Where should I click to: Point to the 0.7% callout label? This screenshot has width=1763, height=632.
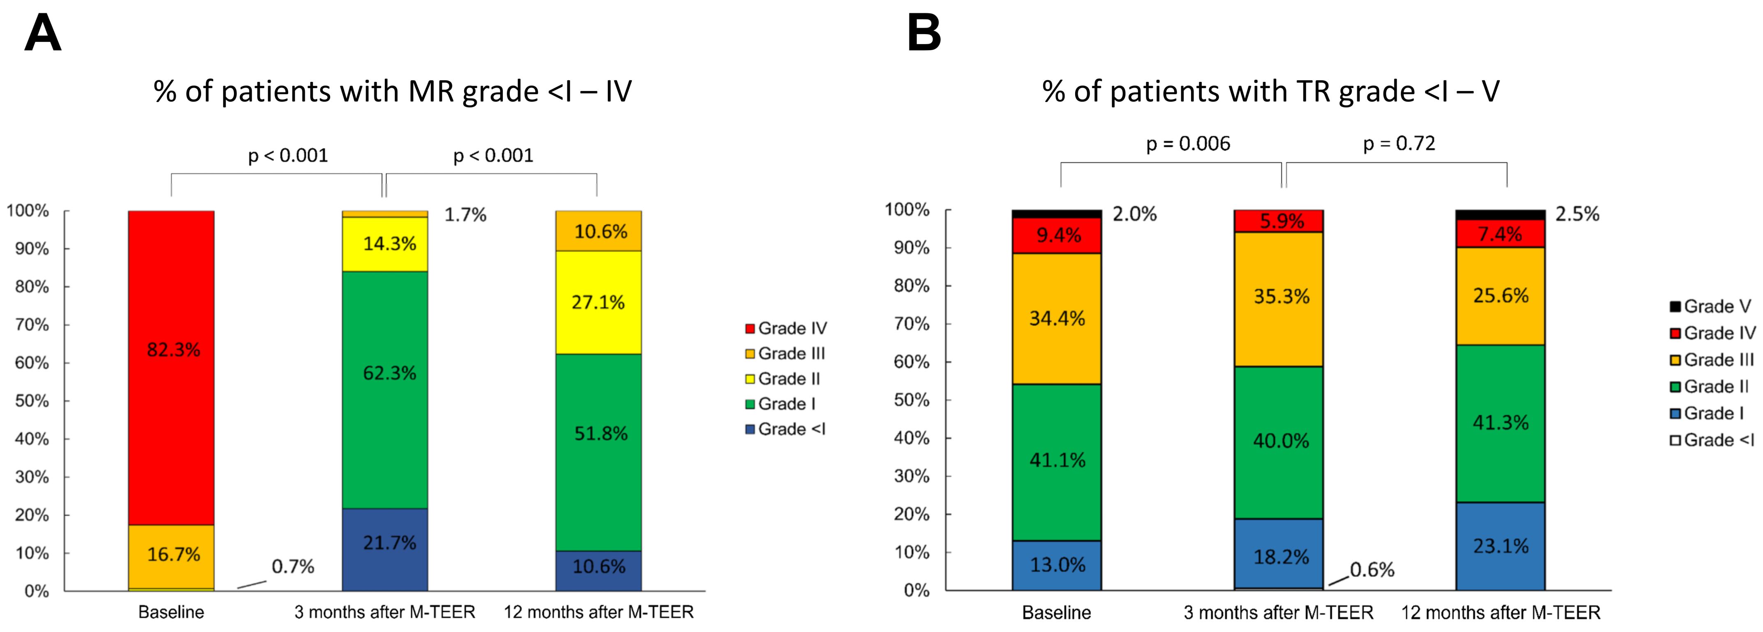292,566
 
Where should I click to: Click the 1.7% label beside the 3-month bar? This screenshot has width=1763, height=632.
465,215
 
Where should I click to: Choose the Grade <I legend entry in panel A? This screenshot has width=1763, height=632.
786,429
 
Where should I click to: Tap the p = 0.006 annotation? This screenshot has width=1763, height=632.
1188,144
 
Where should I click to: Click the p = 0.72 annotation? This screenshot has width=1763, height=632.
1399,143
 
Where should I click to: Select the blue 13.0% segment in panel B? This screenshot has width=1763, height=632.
1057,565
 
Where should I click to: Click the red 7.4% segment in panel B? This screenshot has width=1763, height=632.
1499,234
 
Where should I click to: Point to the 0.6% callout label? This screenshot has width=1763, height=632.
1372,570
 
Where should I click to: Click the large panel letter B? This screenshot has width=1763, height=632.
923,34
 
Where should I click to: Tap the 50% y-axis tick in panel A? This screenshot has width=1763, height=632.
32,401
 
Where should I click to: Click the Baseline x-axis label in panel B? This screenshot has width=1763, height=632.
1056,612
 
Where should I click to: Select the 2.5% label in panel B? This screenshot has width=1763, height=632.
1577,214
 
